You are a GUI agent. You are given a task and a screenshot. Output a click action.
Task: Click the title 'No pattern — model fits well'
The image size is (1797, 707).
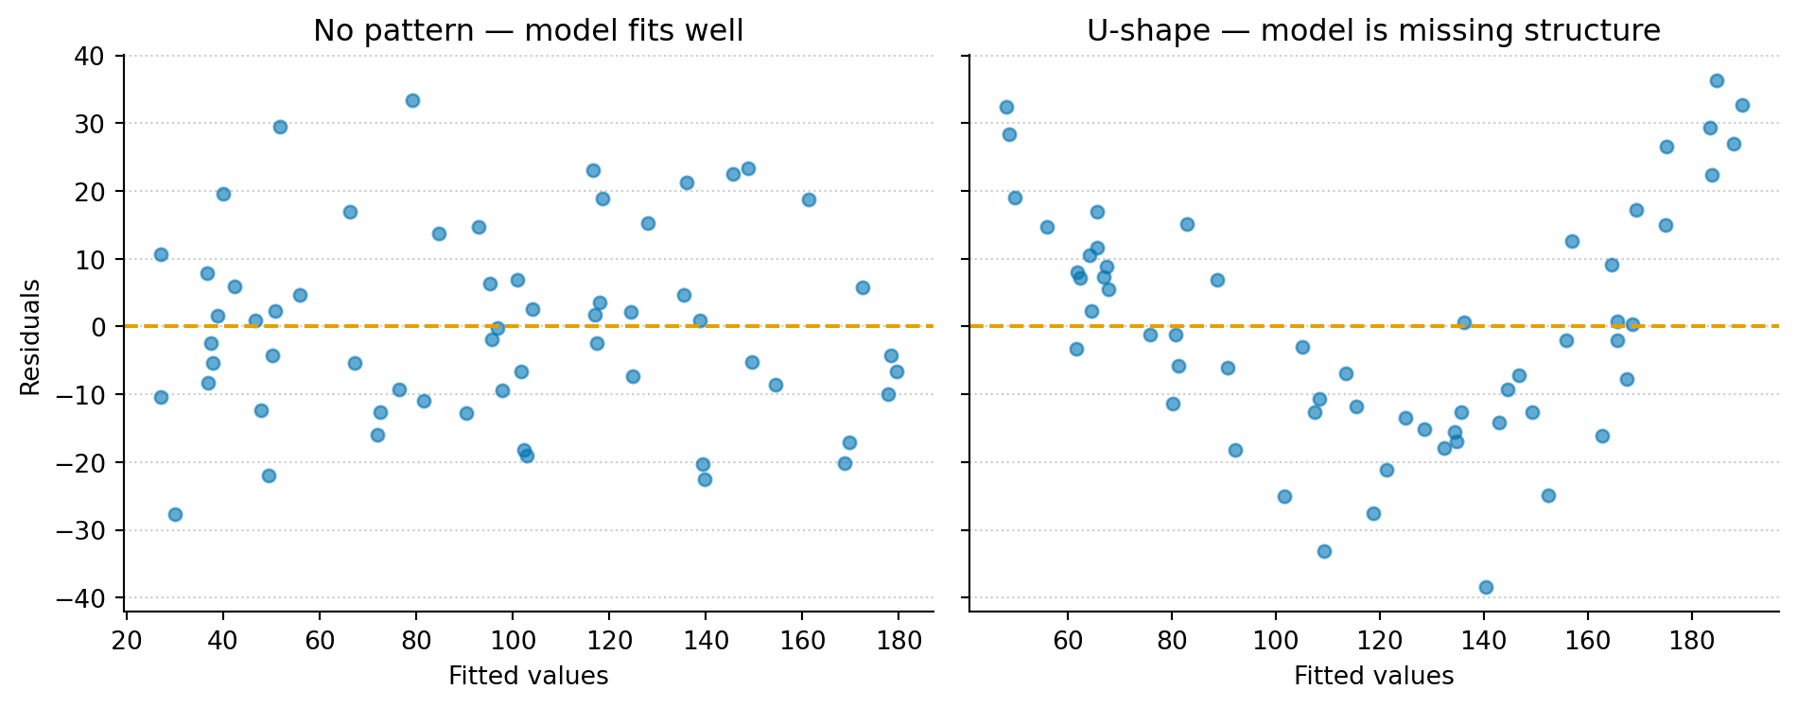coord(529,31)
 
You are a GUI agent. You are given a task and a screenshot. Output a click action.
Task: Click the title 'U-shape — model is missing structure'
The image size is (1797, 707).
coord(1373,31)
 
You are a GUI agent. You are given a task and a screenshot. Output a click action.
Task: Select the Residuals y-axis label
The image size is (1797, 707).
coord(31,337)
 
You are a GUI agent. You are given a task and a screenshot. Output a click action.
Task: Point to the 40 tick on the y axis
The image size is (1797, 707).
coord(91,56)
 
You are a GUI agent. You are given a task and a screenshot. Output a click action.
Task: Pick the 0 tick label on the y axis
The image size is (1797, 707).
coord(102,327)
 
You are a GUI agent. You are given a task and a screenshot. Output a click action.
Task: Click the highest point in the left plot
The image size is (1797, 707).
coord(412,100)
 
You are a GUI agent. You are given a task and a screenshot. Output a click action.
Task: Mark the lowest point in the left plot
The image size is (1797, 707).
coord(175,514)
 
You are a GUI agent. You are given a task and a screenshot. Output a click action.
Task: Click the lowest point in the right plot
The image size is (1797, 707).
coord(1486,587)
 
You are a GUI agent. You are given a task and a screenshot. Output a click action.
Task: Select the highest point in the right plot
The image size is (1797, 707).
coord(1717,80)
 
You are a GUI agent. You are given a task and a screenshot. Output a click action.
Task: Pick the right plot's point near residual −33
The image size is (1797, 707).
coord(1324,551)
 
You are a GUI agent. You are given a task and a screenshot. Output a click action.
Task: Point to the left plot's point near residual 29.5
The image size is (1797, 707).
coord(280,127)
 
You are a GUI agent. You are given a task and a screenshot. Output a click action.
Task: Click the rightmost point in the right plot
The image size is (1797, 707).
coord(1742,105)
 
